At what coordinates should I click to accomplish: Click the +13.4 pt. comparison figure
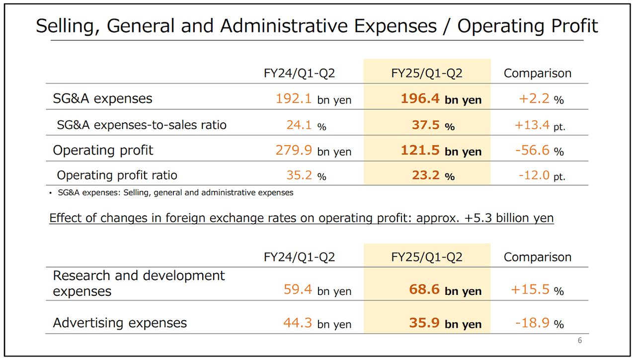540,125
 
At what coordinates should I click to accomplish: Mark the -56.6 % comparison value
540,151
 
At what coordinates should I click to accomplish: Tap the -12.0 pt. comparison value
540,176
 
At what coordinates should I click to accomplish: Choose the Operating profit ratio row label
117,175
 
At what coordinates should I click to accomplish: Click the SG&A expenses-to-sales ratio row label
142,125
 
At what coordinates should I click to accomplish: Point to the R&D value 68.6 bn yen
445,290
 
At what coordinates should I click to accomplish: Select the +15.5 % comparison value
537,290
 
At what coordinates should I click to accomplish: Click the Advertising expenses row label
120,323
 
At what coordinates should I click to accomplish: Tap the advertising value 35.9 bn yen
445,323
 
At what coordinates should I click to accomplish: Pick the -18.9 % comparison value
539,323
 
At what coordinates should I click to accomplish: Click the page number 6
579,341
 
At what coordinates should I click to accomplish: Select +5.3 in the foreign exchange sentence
477,218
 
